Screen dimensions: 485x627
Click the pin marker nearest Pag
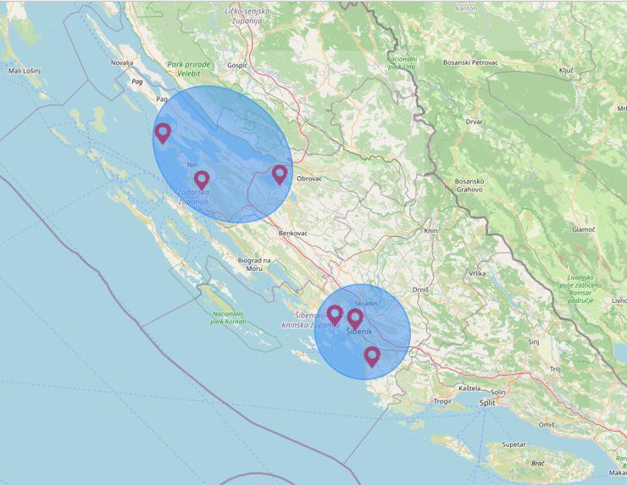163,133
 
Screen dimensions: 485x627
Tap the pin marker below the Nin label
202,179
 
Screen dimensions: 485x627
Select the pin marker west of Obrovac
280,174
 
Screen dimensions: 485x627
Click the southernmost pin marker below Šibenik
371,356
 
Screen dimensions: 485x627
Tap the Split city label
486,403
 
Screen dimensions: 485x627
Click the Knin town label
430,230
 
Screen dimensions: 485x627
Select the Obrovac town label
308,179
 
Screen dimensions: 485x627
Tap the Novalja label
122,62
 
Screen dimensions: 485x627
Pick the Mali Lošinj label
25,71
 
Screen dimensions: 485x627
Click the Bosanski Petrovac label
471,62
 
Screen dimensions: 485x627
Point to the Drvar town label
474,121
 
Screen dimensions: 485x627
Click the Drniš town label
420,289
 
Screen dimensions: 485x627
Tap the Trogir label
441,400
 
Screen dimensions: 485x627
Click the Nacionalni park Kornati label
229,317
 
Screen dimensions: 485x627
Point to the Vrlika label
476,273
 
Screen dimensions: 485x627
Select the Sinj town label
534,341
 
